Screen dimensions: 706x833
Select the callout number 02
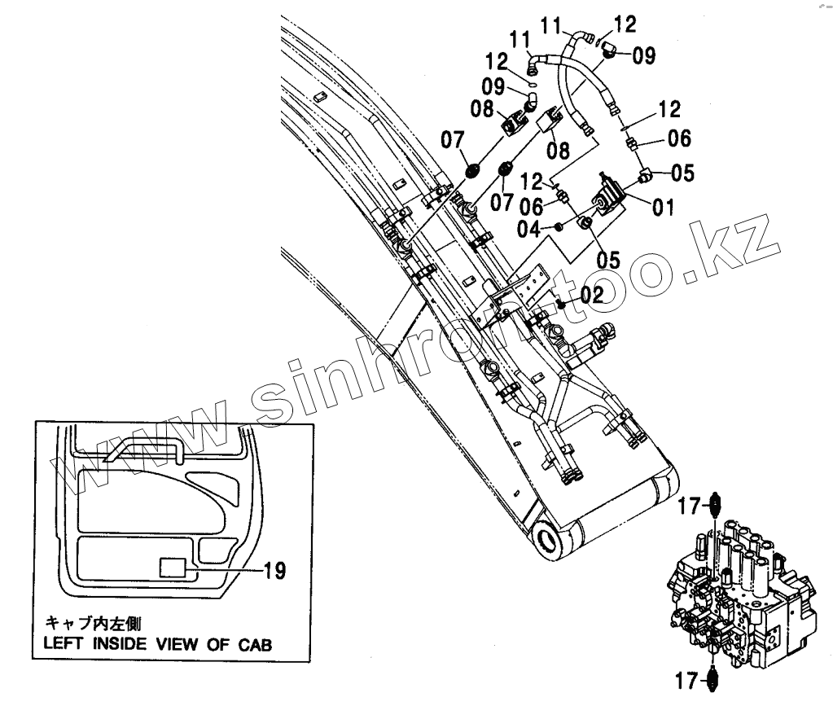592,295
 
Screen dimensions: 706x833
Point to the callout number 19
275,571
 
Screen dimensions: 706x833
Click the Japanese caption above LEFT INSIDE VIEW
93,625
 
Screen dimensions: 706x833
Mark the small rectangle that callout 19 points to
173,568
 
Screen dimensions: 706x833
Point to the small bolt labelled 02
561,305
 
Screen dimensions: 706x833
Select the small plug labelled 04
559,226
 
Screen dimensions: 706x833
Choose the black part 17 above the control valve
715,506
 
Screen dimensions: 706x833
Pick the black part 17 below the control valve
715,676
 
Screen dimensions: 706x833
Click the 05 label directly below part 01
607,260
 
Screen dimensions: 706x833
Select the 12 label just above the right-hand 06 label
669,109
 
